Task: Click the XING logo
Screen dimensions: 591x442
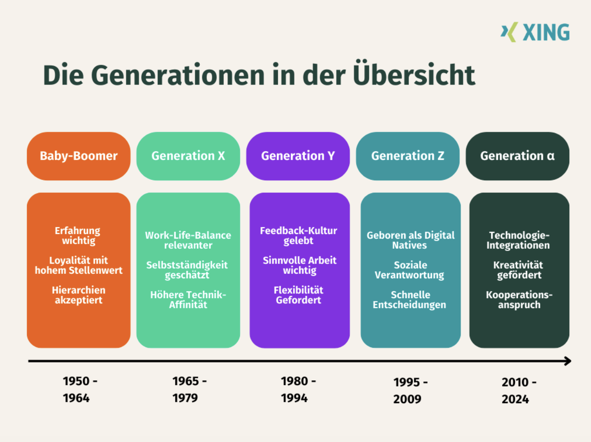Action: coord(535,32)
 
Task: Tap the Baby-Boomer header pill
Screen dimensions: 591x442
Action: coord(79,156)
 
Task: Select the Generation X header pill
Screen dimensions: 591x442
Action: coord(188,156)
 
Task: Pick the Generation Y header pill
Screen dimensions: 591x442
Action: coord(298,156)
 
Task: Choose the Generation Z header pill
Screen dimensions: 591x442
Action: coord(407,156)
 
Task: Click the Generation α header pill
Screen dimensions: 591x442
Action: coord(517,156)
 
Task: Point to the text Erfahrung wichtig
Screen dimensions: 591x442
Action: coord(78,235)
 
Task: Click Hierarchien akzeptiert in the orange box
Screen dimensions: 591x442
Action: coord(79,295)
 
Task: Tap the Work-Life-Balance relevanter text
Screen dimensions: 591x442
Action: coord(188,240)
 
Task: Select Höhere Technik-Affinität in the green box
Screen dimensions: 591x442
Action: coord(188,300)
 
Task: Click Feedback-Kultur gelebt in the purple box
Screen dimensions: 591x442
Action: coord(298,235)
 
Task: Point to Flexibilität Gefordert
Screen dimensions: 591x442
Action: coord(298,295)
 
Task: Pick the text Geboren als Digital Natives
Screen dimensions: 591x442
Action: coord(410,240)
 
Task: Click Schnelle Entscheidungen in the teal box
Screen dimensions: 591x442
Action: coord(410,300)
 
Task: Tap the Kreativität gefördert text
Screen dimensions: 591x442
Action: coord(518,270)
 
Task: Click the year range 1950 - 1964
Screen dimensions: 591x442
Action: coord(80,389)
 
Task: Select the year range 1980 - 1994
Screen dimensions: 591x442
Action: coord(298,389)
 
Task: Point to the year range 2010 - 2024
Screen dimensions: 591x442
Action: coord(519,391)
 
